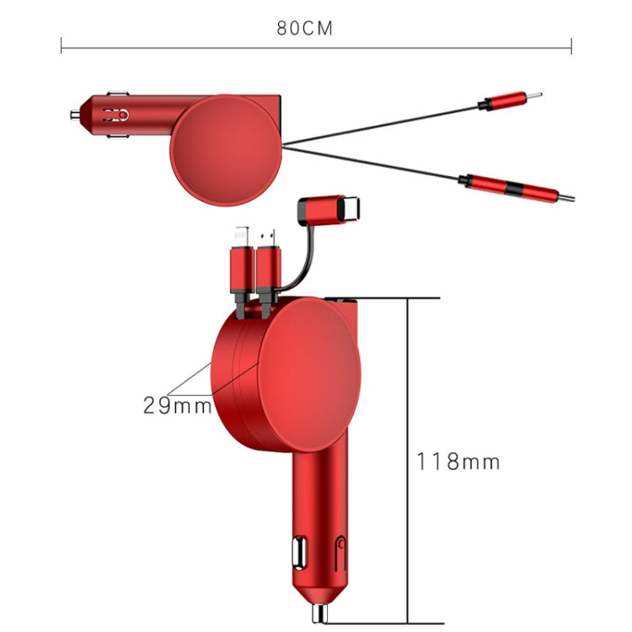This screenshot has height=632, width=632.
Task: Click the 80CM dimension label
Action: [x=305, y=28]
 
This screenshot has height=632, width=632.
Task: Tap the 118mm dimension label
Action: [x=458, y=462]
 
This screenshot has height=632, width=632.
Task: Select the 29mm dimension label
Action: [x=176, y=405]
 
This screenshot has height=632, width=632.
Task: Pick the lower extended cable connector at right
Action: [x=515, y=186]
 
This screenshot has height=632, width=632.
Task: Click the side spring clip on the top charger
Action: [x=115, y=114]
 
